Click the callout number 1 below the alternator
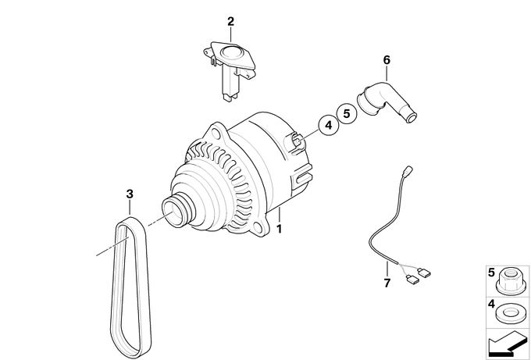coord(279,229)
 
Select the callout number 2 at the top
coord(230,22)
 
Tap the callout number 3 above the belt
coord(130,194)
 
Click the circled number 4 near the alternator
coord(329,125)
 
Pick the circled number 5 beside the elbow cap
coord(347,113)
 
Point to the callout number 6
coord(387,60)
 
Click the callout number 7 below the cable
coord(387,283)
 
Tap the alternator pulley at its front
coord(177,212)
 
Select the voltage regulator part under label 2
coord(230,70)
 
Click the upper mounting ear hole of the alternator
coord(216,131)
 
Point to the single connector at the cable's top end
coord(408,169)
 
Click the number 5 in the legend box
coord(491,273)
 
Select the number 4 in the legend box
coord(491,304)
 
